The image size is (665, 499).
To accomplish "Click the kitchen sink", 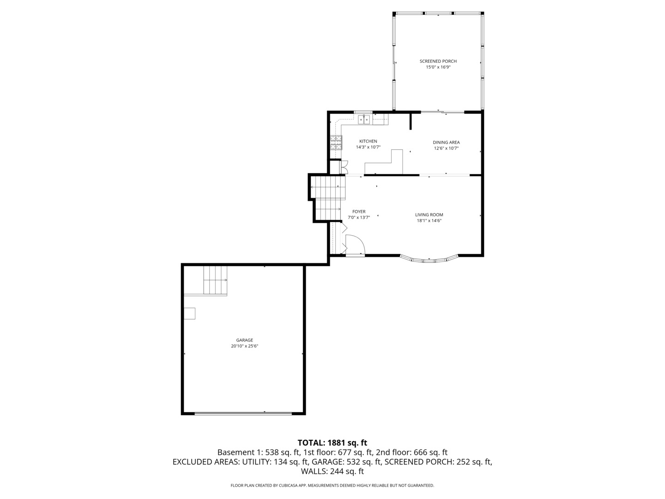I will pyautogui.click(x=364, y=120).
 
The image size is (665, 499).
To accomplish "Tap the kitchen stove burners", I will pyautogui.click(x=336, y=142).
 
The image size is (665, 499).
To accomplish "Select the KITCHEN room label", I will pyautogui.click(x=368, y=141).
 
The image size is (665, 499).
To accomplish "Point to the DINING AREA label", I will pyautogui.click(x=446, y=142).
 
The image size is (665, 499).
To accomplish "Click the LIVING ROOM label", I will pyautogui.click(x=429, y=215).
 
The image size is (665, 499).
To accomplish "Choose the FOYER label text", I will pyautogui.click(x=359, y=212).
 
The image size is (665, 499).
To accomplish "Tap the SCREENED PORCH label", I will pyautogui.click(x=438, y=61).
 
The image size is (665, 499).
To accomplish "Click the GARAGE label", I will pyautogui.click(x=244, y=340).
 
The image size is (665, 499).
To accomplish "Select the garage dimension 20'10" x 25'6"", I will pyautogui.click(x=244, y=346).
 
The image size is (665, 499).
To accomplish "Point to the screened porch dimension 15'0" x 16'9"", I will pyautogui.click(x=438, y=67).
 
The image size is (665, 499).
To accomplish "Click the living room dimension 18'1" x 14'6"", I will pyautogui.click(x=429, y=221).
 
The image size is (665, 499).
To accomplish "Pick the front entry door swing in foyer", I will pyautogui.click(x=355, y=244).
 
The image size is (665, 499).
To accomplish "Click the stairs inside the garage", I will pyautogui.click(x=215, y=280).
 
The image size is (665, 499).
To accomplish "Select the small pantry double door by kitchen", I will pyautogui.click(x=344, y=167).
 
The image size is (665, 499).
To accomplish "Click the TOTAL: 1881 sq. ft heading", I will pyautogui.click(x=332, y=443).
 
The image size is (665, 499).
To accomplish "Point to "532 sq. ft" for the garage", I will pyautogui.click(x=363, y=462).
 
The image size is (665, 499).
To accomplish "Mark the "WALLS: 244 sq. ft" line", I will pyautogui.click(x=332, y=471).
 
